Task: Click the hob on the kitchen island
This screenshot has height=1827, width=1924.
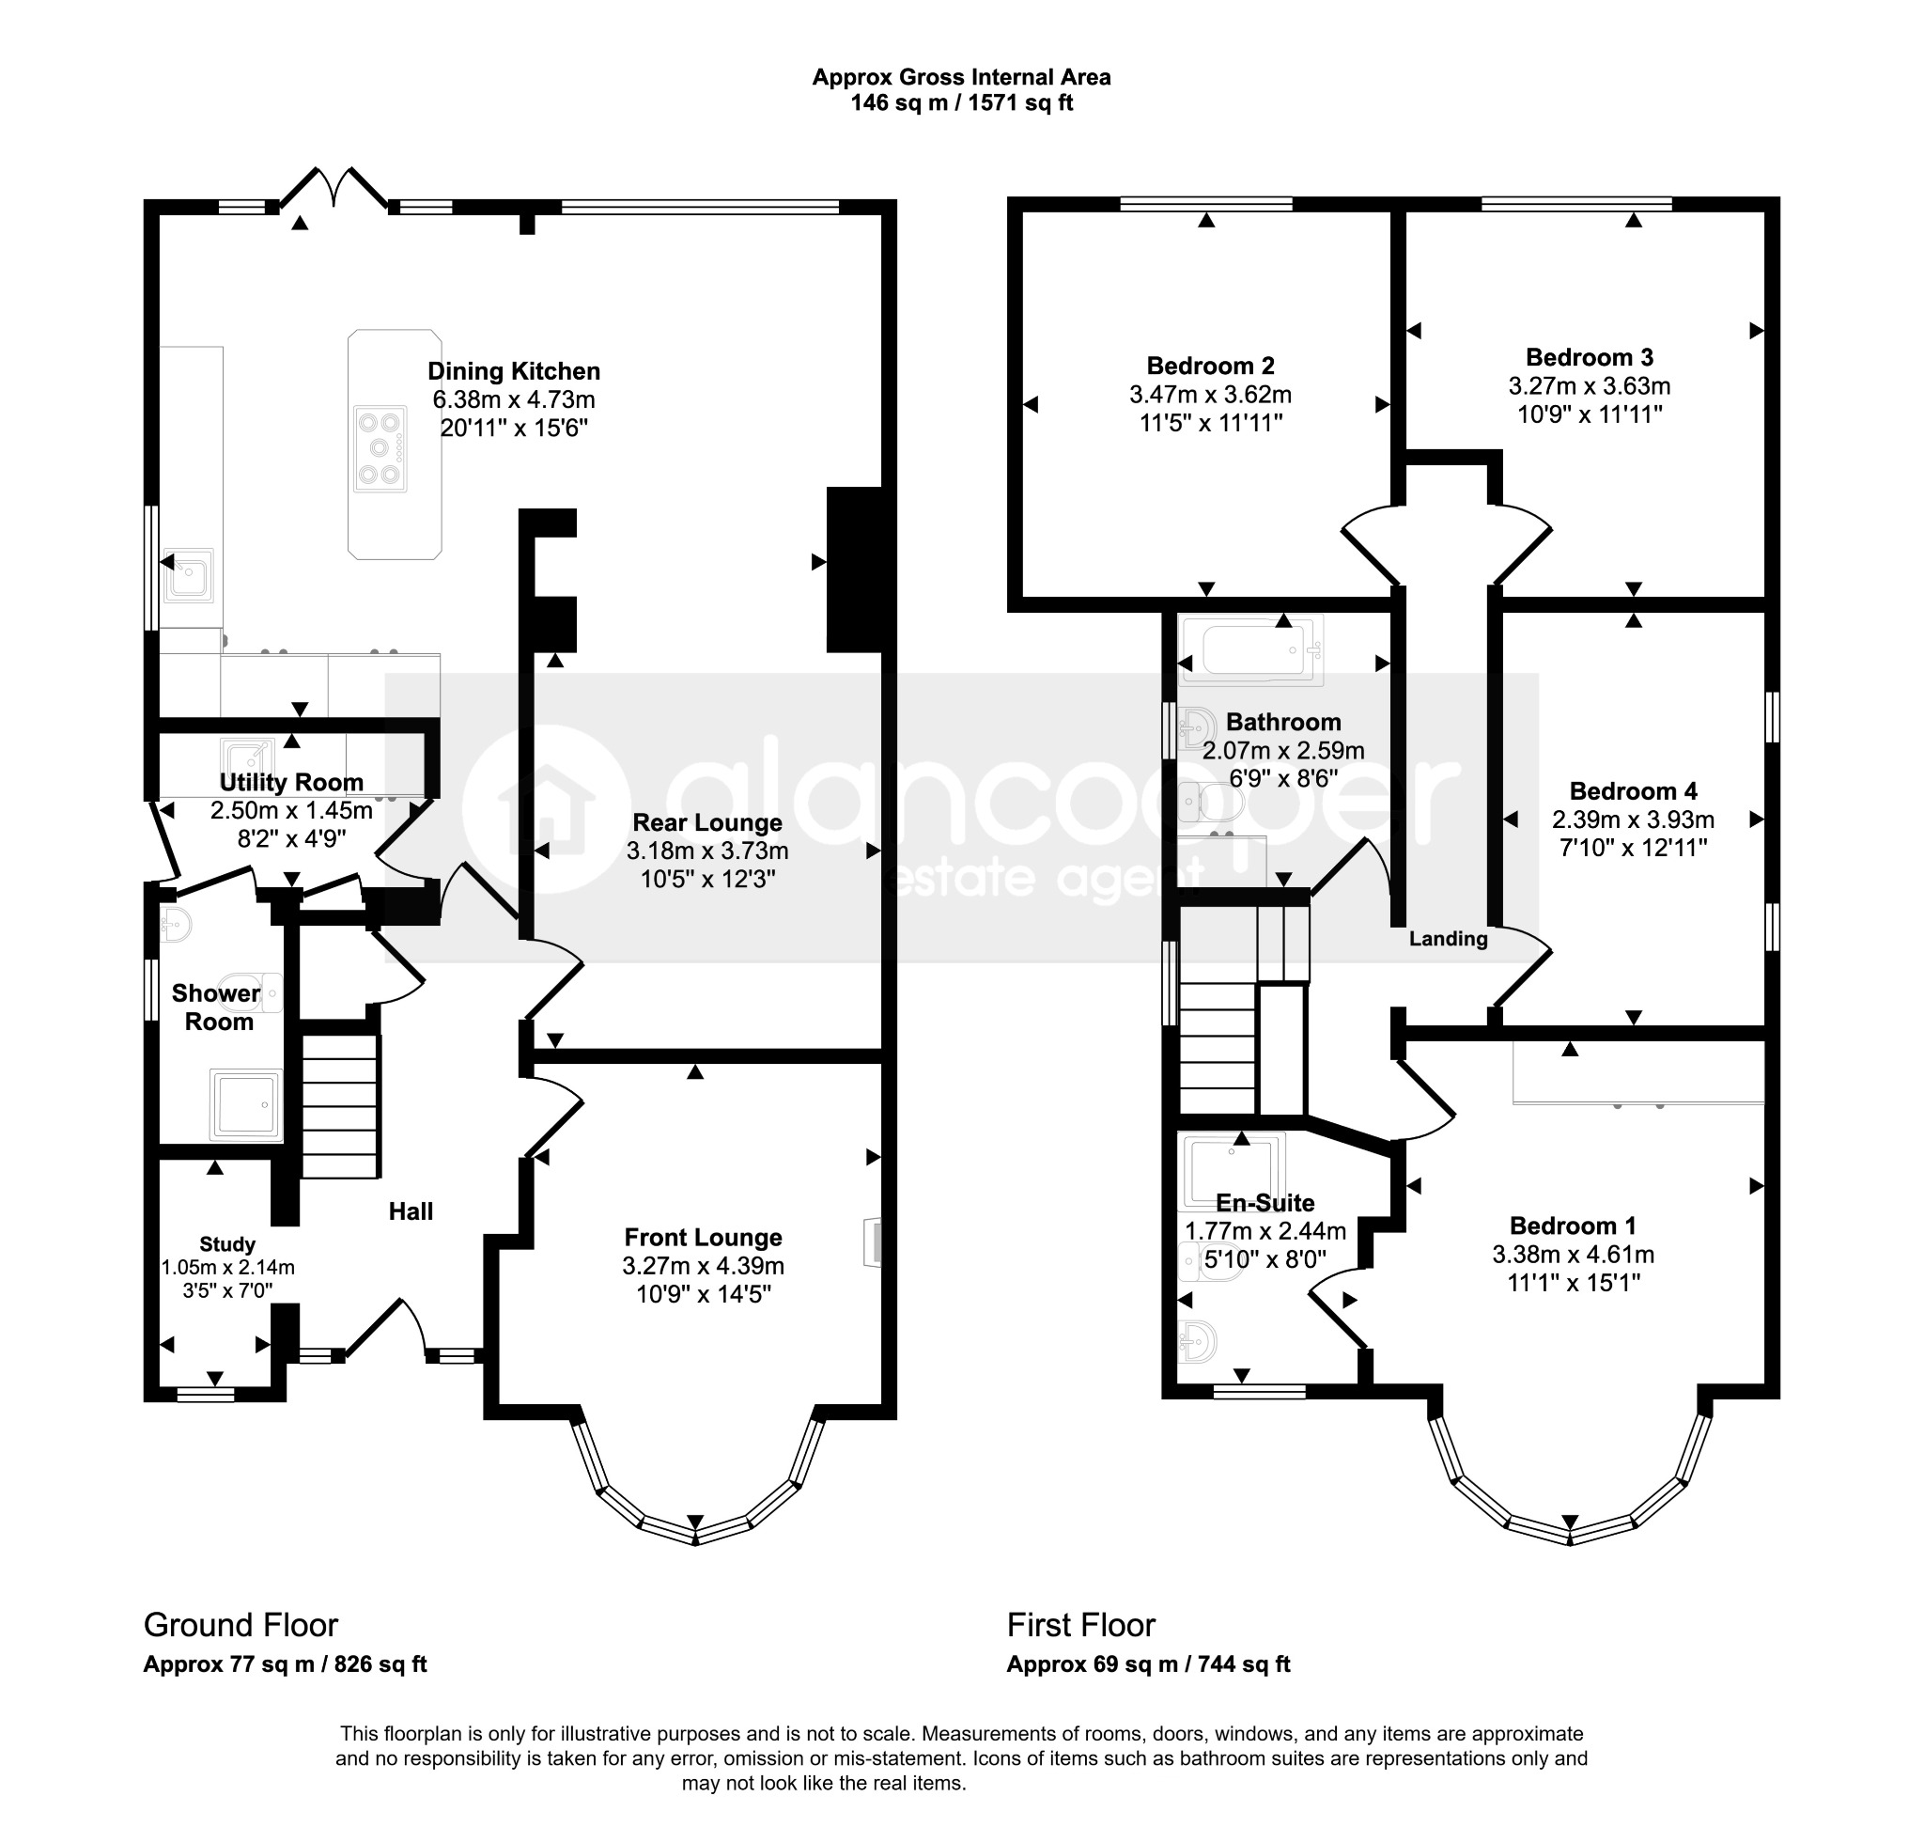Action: tap(380, 449)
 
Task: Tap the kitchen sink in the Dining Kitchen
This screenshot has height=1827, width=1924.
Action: tap(188, 574)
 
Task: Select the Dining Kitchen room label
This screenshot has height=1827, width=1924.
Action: tap(514, 371)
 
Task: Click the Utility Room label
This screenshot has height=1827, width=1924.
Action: tap(291, 782)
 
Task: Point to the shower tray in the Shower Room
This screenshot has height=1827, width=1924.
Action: tap(246, 1105)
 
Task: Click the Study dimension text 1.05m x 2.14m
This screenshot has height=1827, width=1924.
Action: tap(228, 1268)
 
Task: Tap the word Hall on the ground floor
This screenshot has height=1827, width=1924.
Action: tap(411, 1211)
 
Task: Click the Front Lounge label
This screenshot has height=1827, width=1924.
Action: tap(703, 1238)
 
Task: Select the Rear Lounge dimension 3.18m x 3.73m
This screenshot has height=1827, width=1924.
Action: tap(707, 851)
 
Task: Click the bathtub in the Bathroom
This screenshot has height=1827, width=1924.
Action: tap(1251, 650)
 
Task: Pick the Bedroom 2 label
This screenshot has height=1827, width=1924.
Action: tap(1210, 367)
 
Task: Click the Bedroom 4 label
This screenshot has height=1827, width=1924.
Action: tap(1634, 790)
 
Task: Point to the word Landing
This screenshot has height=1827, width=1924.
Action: tap(1449, 939)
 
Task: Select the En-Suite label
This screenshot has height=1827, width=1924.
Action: tap(1265, 1203)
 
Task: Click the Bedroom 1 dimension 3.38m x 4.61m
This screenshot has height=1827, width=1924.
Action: tap(1574, 1256)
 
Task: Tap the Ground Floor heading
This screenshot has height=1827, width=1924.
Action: tap(240, 1625)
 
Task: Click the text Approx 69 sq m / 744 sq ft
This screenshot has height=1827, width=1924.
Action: tap(1149, 1664)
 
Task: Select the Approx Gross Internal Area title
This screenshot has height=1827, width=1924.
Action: tap(962, 77)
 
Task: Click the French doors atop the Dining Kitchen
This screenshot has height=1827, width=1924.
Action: tap(334, 187)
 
